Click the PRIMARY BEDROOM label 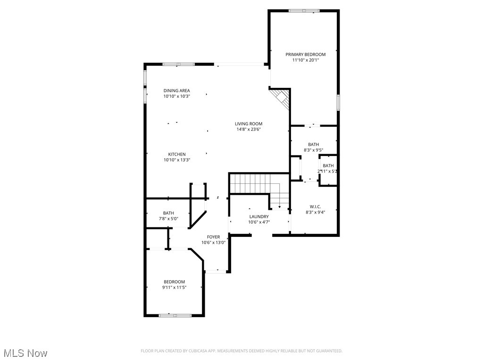(305, 54)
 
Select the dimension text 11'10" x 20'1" (305, 60)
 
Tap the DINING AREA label (177, 90)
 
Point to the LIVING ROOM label (249, 124)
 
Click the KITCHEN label (177, 154)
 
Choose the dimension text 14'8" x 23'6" (249, 130)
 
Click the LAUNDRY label (259, 216)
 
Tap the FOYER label (214, 237)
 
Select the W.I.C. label (315, 207)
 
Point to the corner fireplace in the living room (281, 98)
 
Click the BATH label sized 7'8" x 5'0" (168, 213)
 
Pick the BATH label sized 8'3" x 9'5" (313, 145)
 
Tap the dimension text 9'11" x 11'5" (175, 287)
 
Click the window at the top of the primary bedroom (304, 10)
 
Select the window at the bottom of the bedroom (174, 315)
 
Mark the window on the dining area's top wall (178, 64)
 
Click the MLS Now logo (25, 353)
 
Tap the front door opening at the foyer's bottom (217, 271)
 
